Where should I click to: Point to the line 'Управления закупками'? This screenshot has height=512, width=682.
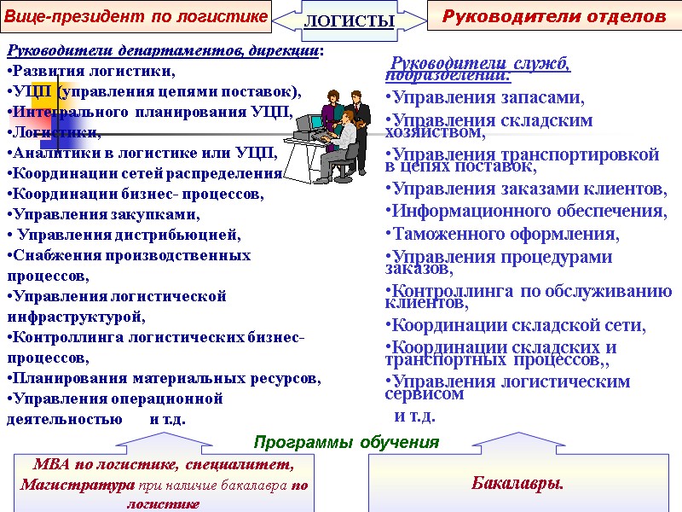pos(107,214)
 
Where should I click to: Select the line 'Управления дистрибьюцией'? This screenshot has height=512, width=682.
pos(124,235)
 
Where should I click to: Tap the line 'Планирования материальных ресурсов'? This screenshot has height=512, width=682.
pos(164,378)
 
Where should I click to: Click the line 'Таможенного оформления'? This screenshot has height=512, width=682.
pos(502,233)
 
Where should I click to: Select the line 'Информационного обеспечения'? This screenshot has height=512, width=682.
pos(525,211)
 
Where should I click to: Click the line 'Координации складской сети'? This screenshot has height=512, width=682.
pos(515,325)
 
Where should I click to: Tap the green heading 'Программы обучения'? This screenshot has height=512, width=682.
pos(346,442)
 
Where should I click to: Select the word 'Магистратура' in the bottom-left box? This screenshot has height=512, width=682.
pos(78,485)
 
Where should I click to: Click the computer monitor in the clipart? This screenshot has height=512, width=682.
pos(306,125)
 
